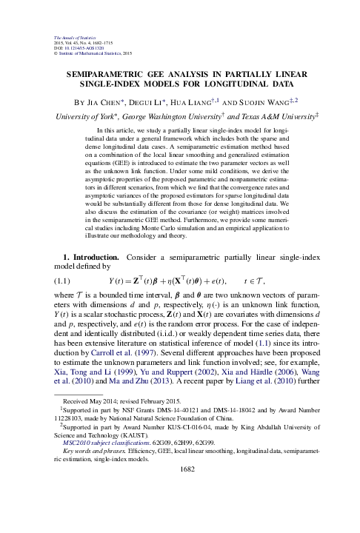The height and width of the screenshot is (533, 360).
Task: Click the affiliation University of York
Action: pos(87,117)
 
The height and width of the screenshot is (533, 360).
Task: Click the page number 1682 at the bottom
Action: pos(180,510)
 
